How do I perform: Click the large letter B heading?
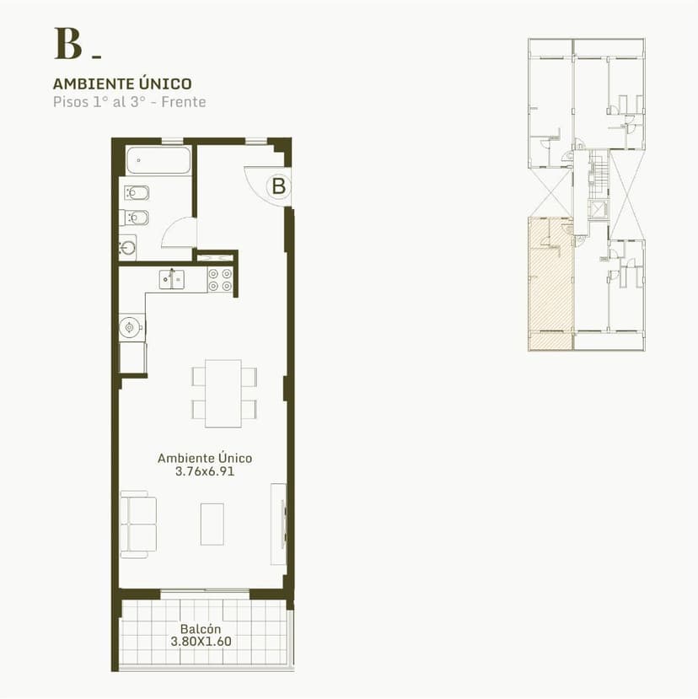68,44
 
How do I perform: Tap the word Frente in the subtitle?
184,102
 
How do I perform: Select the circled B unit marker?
278,186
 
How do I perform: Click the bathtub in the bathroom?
158,159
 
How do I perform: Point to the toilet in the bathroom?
137,193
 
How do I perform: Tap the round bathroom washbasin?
127,247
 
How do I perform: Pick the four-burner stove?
220,280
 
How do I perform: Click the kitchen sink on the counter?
172,279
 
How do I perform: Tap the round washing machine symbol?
130,328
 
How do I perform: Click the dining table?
223,394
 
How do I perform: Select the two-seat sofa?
138,524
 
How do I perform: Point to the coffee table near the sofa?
212,524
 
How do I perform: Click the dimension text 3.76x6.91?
205,471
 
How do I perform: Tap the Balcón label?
201,629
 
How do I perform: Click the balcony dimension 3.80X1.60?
201,642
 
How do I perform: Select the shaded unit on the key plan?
550,283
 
